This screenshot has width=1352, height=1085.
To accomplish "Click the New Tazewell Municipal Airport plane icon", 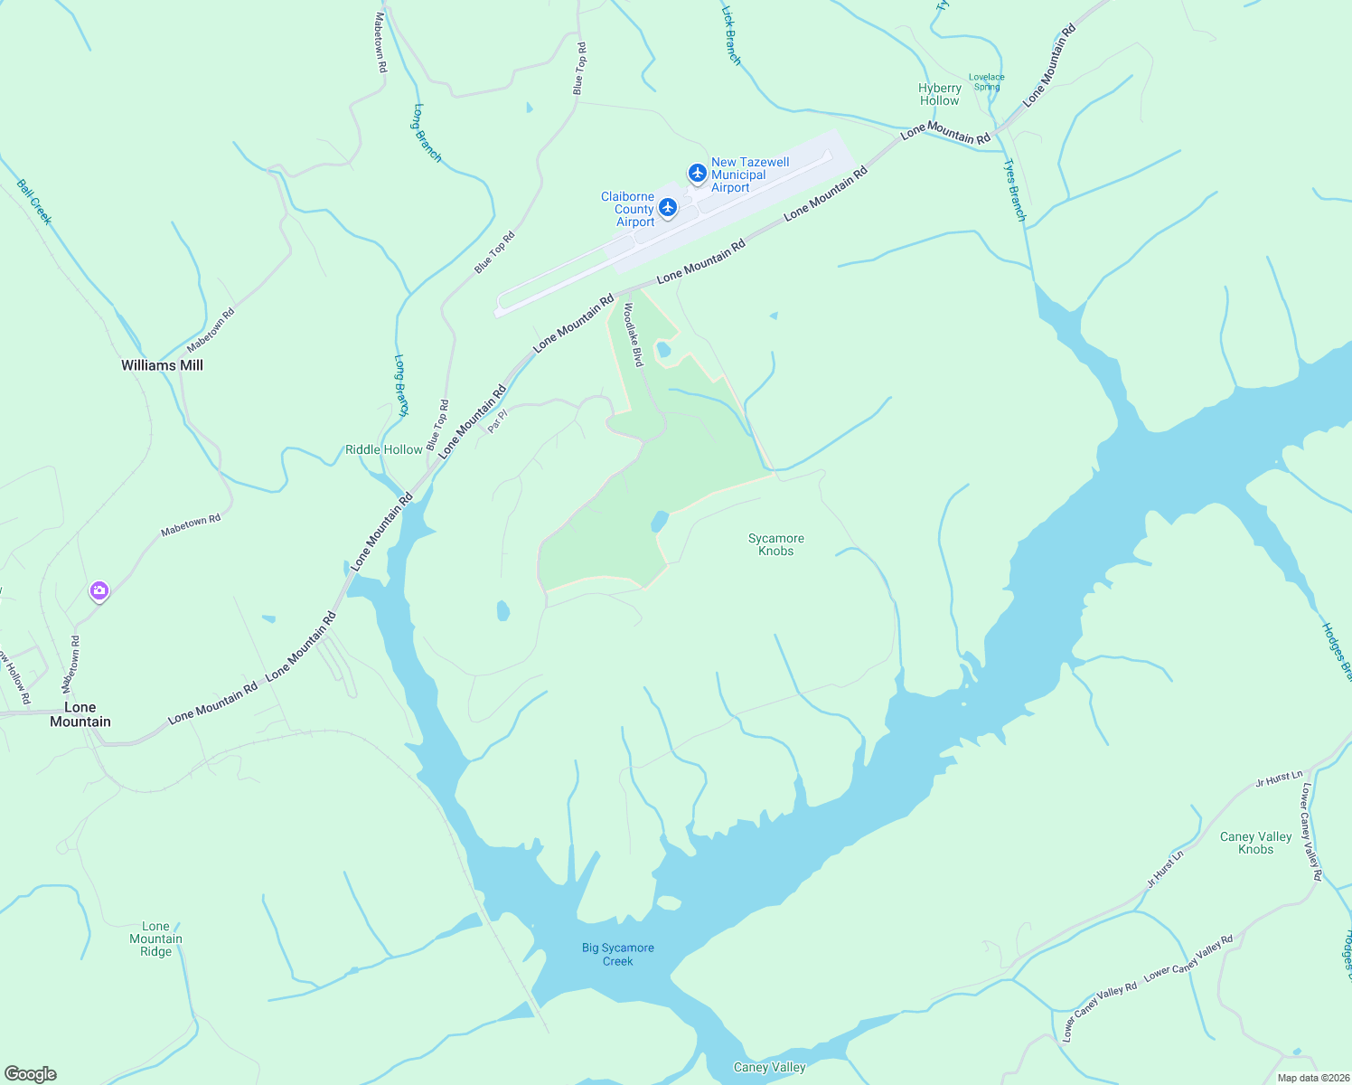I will pos(697,172).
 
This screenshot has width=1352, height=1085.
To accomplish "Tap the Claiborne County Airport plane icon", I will pos(668,208).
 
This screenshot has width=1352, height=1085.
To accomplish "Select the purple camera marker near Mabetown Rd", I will pos(99,591).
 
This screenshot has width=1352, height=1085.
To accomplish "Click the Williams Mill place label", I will pos(163,365).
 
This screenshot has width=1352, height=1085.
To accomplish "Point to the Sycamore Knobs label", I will pos(776,544).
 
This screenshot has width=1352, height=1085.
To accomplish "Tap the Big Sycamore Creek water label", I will pos(618,954).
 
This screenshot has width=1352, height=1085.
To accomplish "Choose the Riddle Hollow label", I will pos(384,449).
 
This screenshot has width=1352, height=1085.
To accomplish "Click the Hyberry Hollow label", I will pos(940,94).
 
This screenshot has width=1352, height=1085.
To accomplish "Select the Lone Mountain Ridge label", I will pos(155,939).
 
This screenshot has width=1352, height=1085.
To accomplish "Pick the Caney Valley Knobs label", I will pos(1256,843).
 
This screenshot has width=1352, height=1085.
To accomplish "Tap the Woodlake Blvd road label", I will pos(633,334).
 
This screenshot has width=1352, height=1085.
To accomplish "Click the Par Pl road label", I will pos(497,421).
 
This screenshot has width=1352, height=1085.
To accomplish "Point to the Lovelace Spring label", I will pos(987,82).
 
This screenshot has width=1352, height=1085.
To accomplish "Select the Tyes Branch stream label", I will pos(1016,190).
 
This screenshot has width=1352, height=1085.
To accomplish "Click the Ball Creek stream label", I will pos(34,202).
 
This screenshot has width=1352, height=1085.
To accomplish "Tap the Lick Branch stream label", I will pos(731,35).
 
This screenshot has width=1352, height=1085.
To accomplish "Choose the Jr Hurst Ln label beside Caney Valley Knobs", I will pos(1279,778).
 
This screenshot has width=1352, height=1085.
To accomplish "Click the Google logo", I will pos(31,1074).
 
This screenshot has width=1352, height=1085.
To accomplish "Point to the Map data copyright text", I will pos(1313,1078).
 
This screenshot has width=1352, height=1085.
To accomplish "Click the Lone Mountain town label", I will pos(80,714).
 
